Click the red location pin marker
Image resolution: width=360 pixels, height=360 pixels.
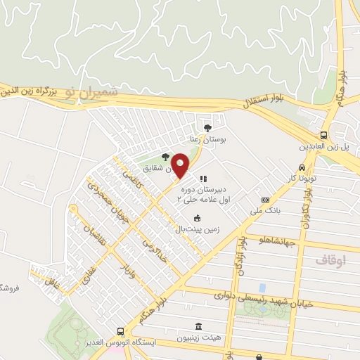point(180,166)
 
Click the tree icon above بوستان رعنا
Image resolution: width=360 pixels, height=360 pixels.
point(207,128)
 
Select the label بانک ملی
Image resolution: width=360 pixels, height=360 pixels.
point(266,210)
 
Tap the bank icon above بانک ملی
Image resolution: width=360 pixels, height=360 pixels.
point(265,200)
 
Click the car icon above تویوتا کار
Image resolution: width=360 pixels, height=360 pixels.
point(302,168)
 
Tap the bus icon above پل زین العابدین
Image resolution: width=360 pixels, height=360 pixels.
point(323,135)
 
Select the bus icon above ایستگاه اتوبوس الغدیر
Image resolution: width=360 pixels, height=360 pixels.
point(121,331)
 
